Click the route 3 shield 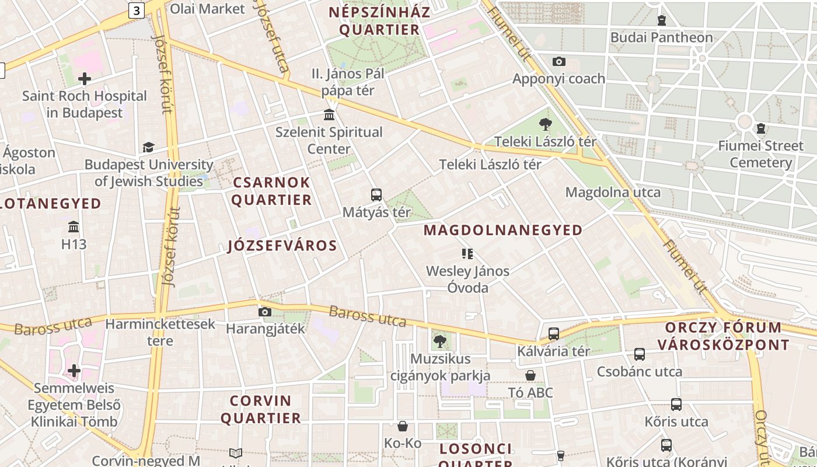coord(137,10)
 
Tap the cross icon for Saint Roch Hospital coord(85,78)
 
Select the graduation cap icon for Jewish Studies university coord(148,147)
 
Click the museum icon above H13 coord(74,226)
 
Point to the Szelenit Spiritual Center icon coord(329,114)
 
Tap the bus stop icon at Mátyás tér coord(376,194)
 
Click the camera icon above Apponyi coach coord(558,61)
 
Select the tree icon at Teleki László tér coord(546,124)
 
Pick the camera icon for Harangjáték coord(265,312)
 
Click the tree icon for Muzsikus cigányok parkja coord(440,341)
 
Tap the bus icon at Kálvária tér coord(553,334)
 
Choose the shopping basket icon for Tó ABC coord(530,375)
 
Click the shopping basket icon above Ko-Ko coord(402,427)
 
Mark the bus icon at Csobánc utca coord(640,354)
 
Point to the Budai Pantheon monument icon coord(661,20)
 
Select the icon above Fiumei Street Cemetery coord(761,128)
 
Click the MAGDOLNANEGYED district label coord(502,230)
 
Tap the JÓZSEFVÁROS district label coord(282,246)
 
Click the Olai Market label coord(207,9)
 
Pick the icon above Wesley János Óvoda coord(467,253)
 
